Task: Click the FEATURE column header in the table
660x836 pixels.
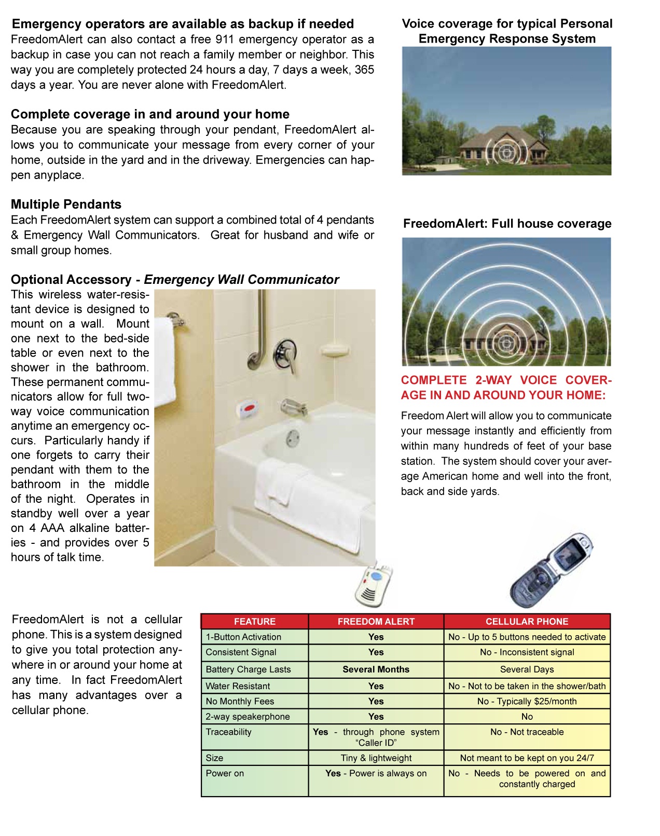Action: point(254,621)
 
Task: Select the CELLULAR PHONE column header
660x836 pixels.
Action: point(527,621)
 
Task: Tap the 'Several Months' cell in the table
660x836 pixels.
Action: point(376,669)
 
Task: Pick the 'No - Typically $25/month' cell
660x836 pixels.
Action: point(527,701)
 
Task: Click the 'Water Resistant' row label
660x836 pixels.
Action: point(238,686)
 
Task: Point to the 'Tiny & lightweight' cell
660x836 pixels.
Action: point(376,758)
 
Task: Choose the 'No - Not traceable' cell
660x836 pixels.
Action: point(527,732)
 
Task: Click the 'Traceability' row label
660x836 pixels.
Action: point(228,732)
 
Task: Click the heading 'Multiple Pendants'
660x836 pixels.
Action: point(66,204)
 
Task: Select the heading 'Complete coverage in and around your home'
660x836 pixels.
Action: point(150,114)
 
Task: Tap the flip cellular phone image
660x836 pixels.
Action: point(551,570)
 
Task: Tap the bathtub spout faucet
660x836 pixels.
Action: point(294,407)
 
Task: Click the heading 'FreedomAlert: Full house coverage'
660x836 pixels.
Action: point(507,224)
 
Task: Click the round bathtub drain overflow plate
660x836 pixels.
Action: point(293,437)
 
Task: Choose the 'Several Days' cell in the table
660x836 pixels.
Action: point(527,669)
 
